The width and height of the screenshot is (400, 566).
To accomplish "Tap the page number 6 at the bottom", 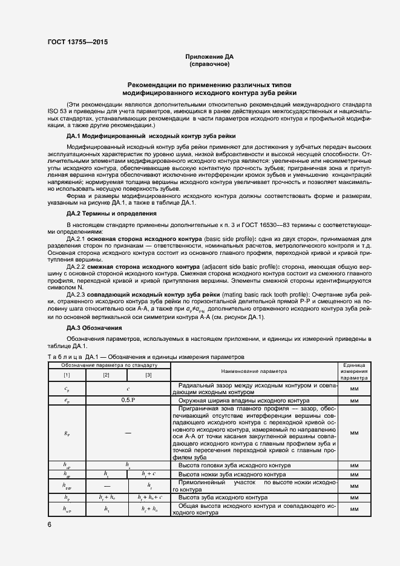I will (x=49, y=524).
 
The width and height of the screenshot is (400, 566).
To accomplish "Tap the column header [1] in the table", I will (x=67, y=376).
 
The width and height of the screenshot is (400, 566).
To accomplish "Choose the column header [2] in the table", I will (x=106, y=376).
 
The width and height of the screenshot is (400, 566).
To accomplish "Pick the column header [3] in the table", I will (x=148, y=376).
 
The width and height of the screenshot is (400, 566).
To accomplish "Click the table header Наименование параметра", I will (x=254, y=371).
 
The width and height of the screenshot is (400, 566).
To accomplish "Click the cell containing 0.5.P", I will (x=128, y=401).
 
